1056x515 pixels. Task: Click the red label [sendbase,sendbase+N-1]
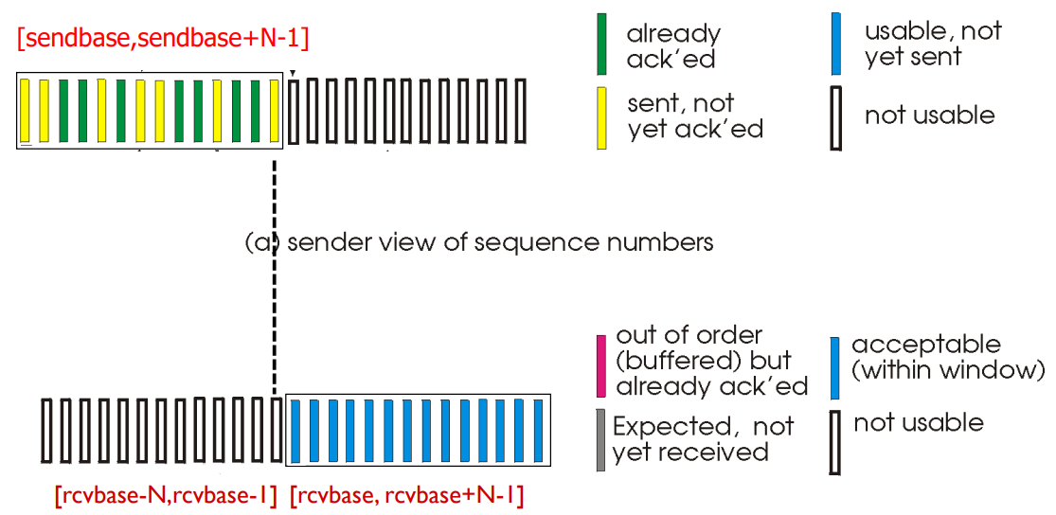coord(163,39)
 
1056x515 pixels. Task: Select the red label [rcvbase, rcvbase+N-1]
coord(406,495)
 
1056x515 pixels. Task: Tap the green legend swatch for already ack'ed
coord(601,44)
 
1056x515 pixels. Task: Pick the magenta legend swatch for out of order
coord(600,365)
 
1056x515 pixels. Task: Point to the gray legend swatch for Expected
coord(600,439)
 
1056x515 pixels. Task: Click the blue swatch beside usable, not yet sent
coord(834,44)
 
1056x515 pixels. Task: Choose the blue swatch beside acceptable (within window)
coord(833,367)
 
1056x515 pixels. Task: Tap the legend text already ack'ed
coord(673,46)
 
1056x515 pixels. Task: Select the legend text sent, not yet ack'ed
coord(694,116)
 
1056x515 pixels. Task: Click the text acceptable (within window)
coord(947,357)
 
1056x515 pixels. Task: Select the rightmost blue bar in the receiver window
coord(538,431)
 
